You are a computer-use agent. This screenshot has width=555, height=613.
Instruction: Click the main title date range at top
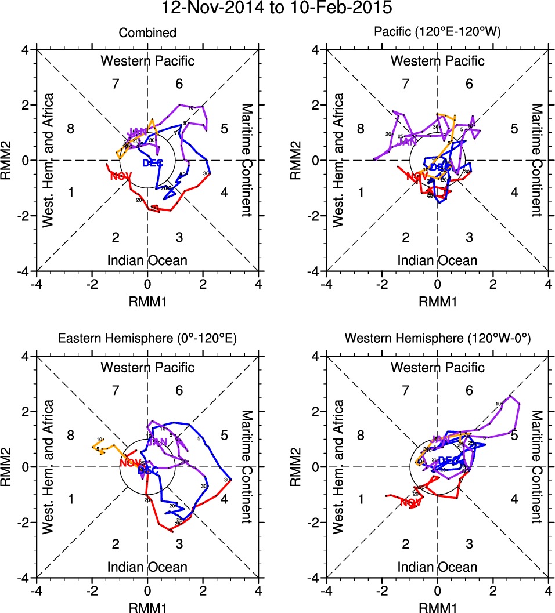click(x=277, y=8)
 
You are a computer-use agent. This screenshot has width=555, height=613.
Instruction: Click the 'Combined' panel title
click(x=147, y=33)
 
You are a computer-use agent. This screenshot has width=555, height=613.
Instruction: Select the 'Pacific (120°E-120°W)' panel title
click(x=437, y=33)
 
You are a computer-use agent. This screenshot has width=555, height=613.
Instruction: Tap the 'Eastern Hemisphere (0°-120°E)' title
click(x=147, y=340)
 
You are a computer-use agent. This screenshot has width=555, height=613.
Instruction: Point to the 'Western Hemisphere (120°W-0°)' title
click(x=437, y=340)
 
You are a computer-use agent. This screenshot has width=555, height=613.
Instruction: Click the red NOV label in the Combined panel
click(x=120, y=176)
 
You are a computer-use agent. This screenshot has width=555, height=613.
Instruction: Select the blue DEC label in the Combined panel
click(x=153, y=163)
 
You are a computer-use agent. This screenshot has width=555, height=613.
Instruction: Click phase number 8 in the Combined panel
click(x=71, y=129)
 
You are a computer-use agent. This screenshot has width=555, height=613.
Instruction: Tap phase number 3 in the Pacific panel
click(x=469, y=237)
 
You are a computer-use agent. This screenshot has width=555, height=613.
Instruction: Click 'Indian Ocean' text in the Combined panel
click(x=147, y=260)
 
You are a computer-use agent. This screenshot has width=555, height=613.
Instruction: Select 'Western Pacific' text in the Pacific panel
click(x=437, y=61)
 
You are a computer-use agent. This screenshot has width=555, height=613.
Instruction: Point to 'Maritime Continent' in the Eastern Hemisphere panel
click(x=247, y=467)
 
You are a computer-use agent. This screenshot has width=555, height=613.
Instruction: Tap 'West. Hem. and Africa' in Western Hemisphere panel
click(x=340, y=467)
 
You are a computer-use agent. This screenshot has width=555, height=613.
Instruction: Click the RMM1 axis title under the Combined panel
click(x=147, y=300)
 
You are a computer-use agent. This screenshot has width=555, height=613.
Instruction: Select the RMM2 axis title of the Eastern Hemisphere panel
click(x=9, y=467)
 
